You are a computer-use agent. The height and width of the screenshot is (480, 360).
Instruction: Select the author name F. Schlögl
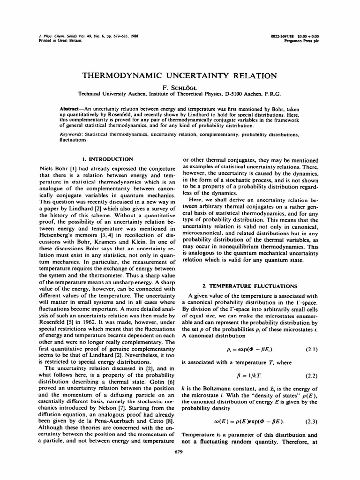(180, 86)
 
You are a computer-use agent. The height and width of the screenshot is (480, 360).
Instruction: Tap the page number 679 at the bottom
(180, 452)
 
